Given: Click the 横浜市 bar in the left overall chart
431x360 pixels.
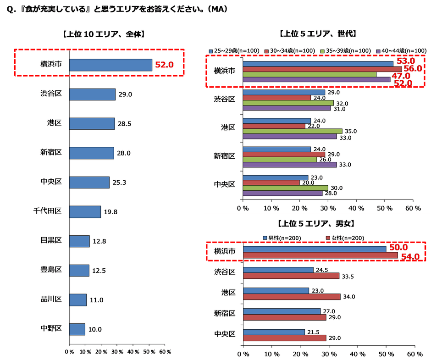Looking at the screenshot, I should coord(111,65).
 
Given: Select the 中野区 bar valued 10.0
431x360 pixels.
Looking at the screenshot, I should coord(77,329).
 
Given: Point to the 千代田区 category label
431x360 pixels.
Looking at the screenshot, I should coord(48,211).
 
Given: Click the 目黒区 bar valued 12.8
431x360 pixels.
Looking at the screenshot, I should coord(79,241).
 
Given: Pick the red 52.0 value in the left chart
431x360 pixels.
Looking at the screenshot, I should coord(164,65).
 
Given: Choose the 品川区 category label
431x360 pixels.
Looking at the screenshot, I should coord(51,300).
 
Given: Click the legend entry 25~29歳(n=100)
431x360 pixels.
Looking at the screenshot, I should coord(234,50).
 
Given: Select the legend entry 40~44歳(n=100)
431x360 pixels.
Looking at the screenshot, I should coord(401,50).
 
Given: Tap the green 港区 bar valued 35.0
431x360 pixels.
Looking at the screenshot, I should coord(293,131).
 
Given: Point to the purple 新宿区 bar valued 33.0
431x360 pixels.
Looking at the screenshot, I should coord(290,165).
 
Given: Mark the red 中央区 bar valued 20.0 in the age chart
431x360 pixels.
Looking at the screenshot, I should coord(271,183).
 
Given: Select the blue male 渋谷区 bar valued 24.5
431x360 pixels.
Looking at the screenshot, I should coord(278,270).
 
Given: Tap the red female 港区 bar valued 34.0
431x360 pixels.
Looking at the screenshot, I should coord(292,297).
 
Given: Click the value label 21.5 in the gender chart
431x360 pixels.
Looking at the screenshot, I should coord(315,332).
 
